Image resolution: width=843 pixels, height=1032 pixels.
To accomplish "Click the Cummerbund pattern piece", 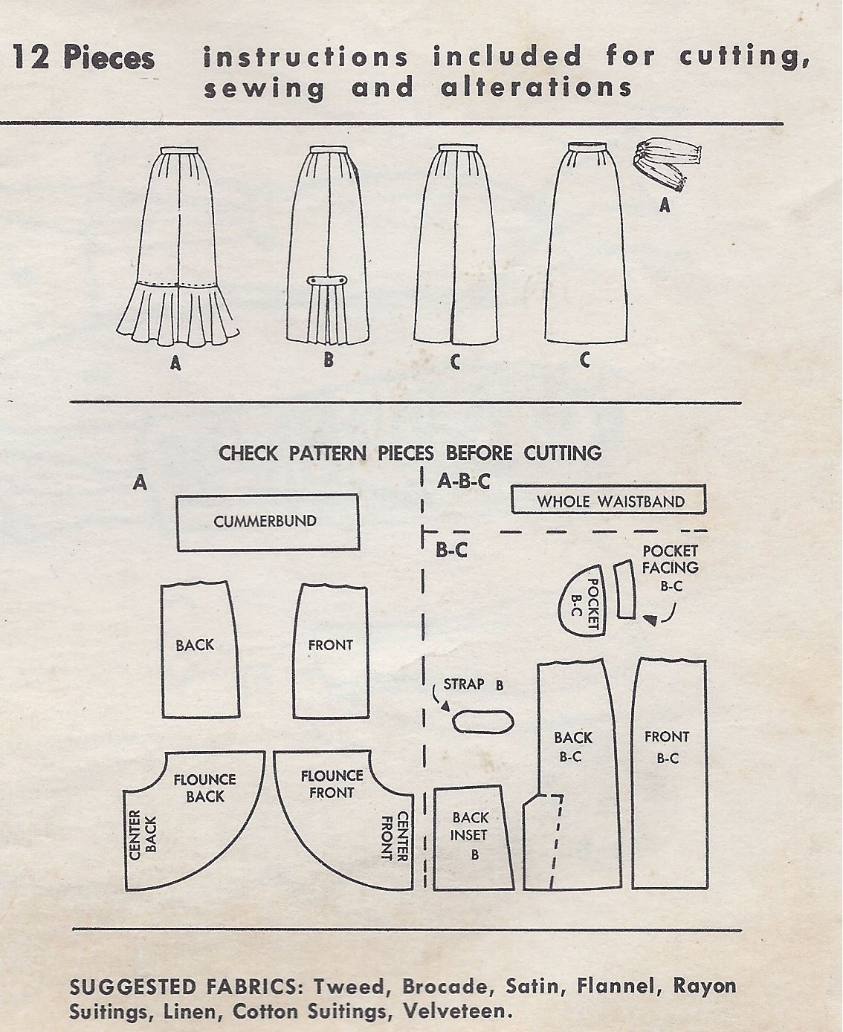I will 267,523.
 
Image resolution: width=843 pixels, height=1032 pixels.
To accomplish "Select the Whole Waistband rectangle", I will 608,500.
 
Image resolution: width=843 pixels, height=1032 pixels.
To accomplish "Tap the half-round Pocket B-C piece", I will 584,600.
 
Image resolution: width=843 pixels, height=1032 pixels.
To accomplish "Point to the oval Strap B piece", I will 484,721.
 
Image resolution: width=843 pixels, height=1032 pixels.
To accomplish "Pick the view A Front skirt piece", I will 330,650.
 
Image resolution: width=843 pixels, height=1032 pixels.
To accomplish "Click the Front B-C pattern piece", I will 668,773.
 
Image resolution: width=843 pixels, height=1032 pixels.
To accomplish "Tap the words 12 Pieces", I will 83,57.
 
